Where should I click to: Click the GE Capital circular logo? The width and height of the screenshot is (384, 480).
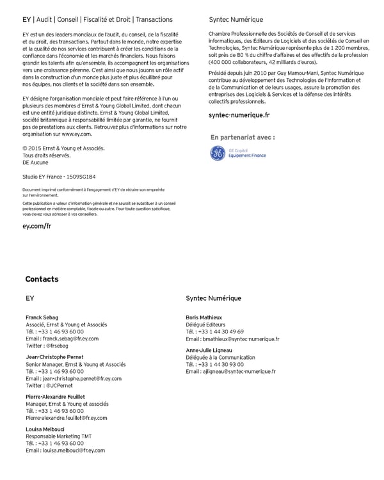(218, 153)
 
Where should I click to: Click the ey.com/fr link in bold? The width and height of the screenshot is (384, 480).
(36, 226)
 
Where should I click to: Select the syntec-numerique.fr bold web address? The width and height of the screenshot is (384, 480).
(239, 115)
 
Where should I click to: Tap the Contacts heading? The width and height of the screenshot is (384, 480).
(42, 279)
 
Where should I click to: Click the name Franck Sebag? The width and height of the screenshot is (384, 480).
(42, 317)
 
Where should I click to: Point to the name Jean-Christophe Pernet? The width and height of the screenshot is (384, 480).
(54, 356)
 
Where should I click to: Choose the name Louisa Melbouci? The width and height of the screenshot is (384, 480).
(46, 429)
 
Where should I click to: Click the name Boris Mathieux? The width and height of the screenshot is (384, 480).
(204, 317)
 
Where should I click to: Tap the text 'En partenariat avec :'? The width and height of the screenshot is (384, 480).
(243, 137)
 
